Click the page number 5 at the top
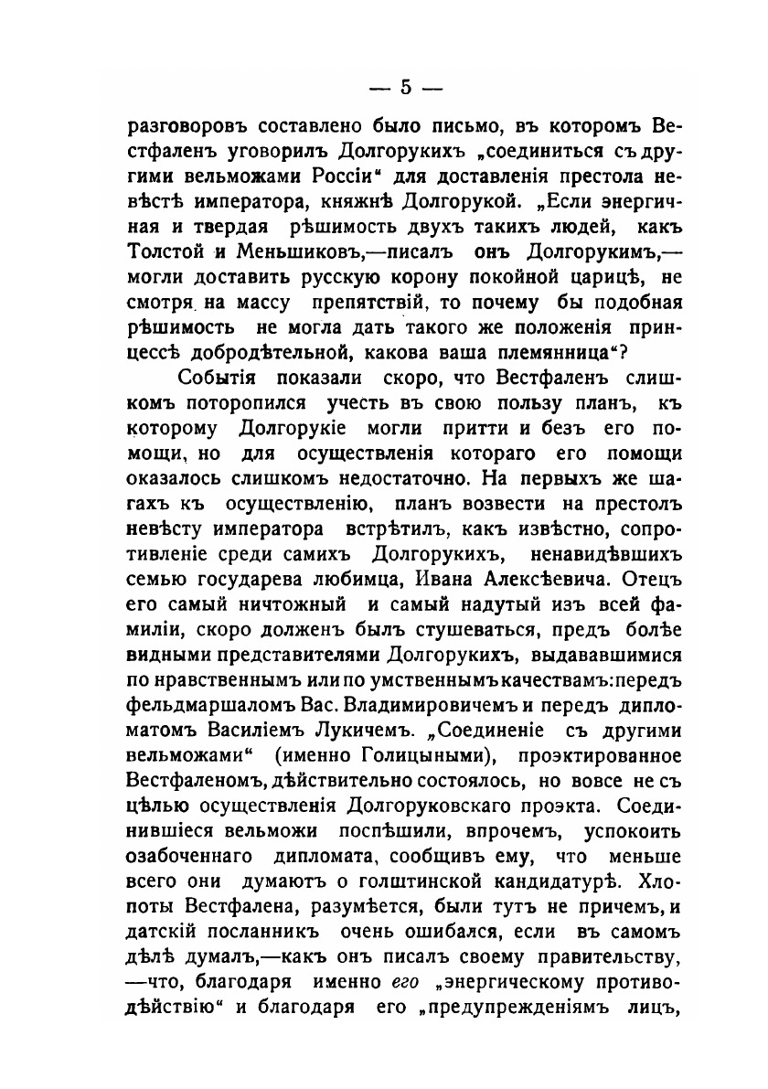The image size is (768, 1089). click(x=405, y=89)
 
